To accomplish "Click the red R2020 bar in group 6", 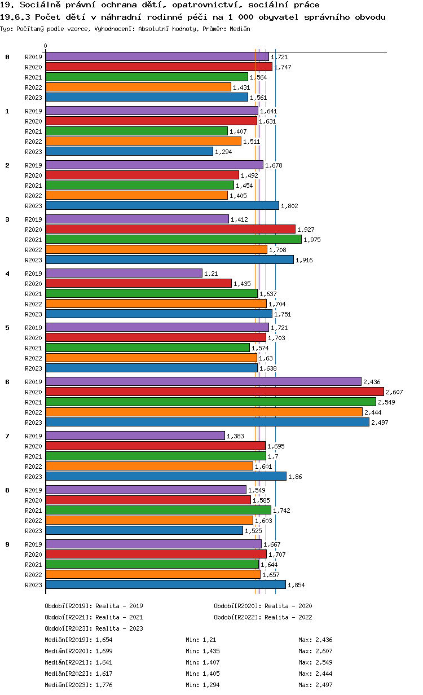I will tap(214, 392).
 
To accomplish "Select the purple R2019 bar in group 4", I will tap(124, 273).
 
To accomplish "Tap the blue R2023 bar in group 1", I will tap(129, 151).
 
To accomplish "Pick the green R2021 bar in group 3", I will tap(173, 239).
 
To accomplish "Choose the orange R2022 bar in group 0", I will tap(138, 87).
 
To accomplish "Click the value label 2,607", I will tap(394, 392).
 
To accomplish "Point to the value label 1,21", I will tap(211, 274).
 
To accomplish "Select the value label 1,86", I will tap(295, 477).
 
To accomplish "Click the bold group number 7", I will tap(7, 436).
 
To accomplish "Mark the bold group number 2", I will tap(7, 165).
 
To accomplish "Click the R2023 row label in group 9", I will tap(34, 585).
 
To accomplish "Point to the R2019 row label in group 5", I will tap(34, 328).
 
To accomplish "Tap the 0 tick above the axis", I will tap(46, 46).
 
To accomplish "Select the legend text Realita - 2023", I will tap(119, 628).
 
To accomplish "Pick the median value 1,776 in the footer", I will tap(105, 685).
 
